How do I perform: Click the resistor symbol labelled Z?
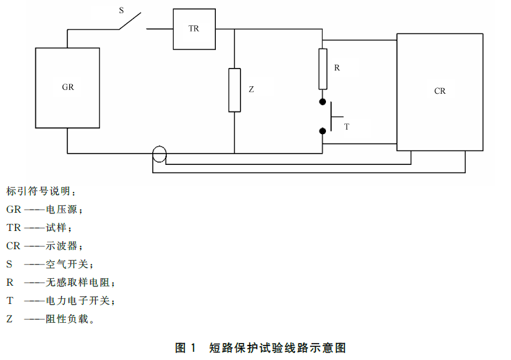point(235,90)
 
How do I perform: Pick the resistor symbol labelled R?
point(323,69)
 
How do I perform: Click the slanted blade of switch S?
point(130,21)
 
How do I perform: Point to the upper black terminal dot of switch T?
point(323,102)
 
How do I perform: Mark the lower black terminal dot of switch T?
point(323,132)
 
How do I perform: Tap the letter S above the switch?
point(121,11)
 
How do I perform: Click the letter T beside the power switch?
point(346,127)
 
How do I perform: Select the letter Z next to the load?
point(251,89)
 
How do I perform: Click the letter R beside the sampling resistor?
point(337,68)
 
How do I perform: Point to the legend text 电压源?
point(62,209)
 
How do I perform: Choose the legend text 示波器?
point(62,245)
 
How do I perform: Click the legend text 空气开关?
point(67,264)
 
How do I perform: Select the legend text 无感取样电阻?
point(77,282)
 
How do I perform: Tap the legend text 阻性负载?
point(67,318)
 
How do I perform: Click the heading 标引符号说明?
point(38,191)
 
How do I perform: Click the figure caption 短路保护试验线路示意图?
point(278,348)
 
